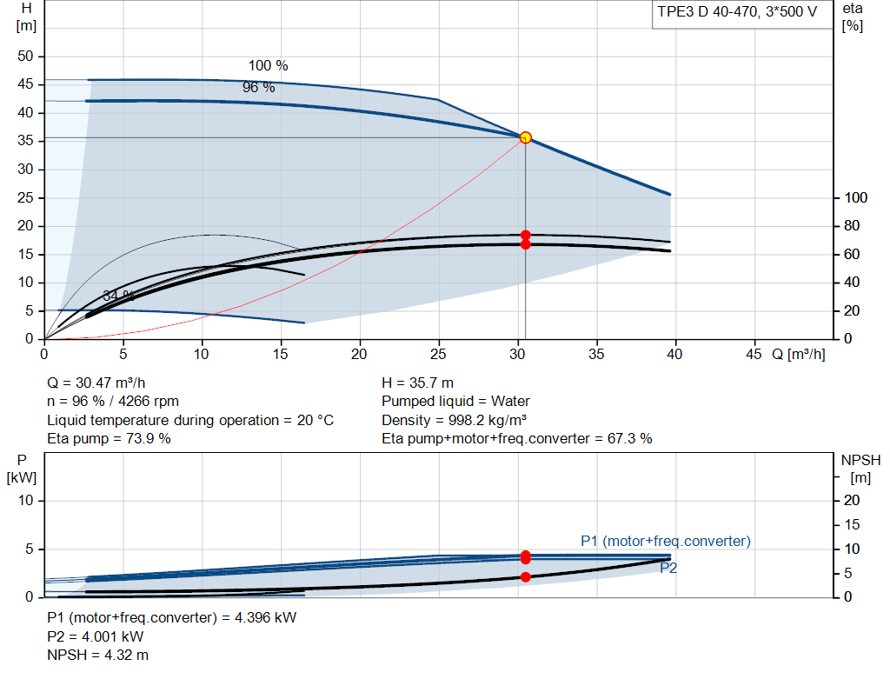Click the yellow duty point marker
tap(526, 137)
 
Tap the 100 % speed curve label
tap(268, 66)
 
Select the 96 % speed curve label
tap(259, 88)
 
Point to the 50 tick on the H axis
tap(25, 57)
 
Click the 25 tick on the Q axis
tap(438, 354)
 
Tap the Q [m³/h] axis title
tap(798, 354)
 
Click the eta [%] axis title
tap(853, 17)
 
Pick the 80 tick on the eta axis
tap(852, 226)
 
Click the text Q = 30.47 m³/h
tap(96, 383)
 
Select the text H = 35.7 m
tap(417, 383)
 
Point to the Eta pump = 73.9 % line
tap(109, 439)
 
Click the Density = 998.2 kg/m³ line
tap(454, 420)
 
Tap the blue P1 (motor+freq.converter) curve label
tap(665, 541)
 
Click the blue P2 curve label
tap(668, 568)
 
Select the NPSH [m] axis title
tap(860, 469)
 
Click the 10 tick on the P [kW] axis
tap(25, 501)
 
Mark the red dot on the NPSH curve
tap(526, 576)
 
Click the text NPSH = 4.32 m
tap(97, 656)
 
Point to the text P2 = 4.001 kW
tap(96, 637)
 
